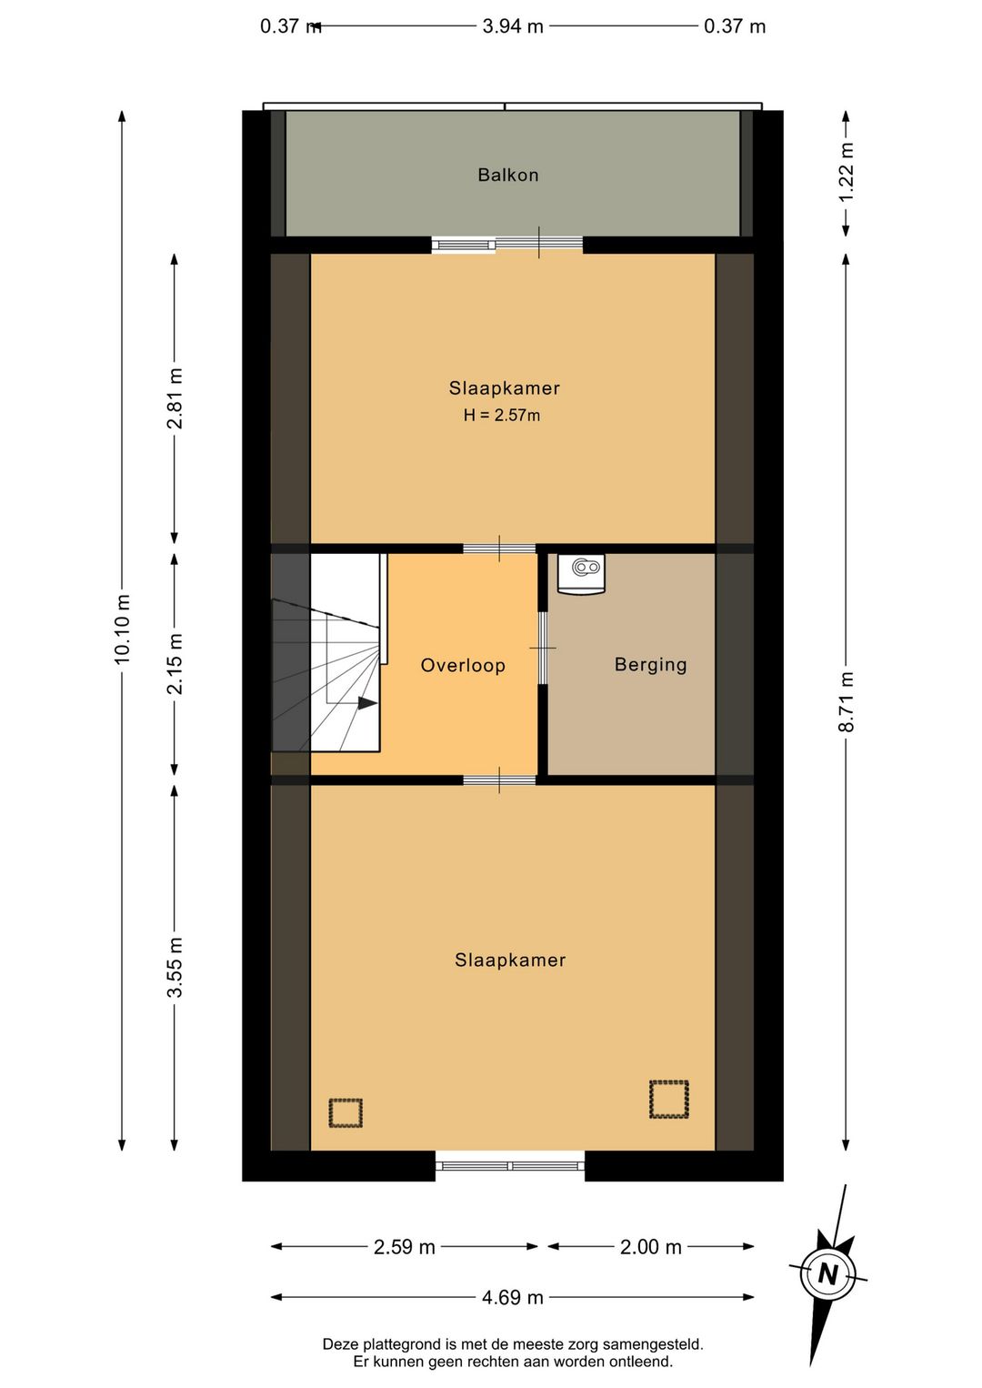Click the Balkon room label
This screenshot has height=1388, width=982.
tap(507, 175)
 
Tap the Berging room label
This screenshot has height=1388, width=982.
tap(650, 665)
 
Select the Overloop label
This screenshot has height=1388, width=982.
tap(463, 666)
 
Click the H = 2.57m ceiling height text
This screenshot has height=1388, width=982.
tap(502, 415)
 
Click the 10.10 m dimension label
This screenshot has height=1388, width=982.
tap(122, 629)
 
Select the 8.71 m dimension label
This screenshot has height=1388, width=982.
tap(846, 701)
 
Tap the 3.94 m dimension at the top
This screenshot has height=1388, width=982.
tap(513, 26)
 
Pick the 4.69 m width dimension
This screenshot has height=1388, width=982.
tap(513, 1297)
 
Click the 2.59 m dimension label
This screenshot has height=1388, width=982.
tap(404, 1247)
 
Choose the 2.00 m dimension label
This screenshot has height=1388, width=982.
tap(650, 1247)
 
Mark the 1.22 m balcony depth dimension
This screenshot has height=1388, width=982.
tap(846, 172)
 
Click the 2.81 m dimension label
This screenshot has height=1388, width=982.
tap(175, 398)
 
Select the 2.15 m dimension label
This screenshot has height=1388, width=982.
tap(175, 664)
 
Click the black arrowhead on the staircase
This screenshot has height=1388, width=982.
tap(367, 703)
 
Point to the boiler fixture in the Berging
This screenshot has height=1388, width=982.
tap(581, 575)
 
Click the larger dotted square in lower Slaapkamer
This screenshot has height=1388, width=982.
tap(669, 1100)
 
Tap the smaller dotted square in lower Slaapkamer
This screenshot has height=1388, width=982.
tap(346, 1113)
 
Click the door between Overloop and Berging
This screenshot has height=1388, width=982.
tap(543, 648)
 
